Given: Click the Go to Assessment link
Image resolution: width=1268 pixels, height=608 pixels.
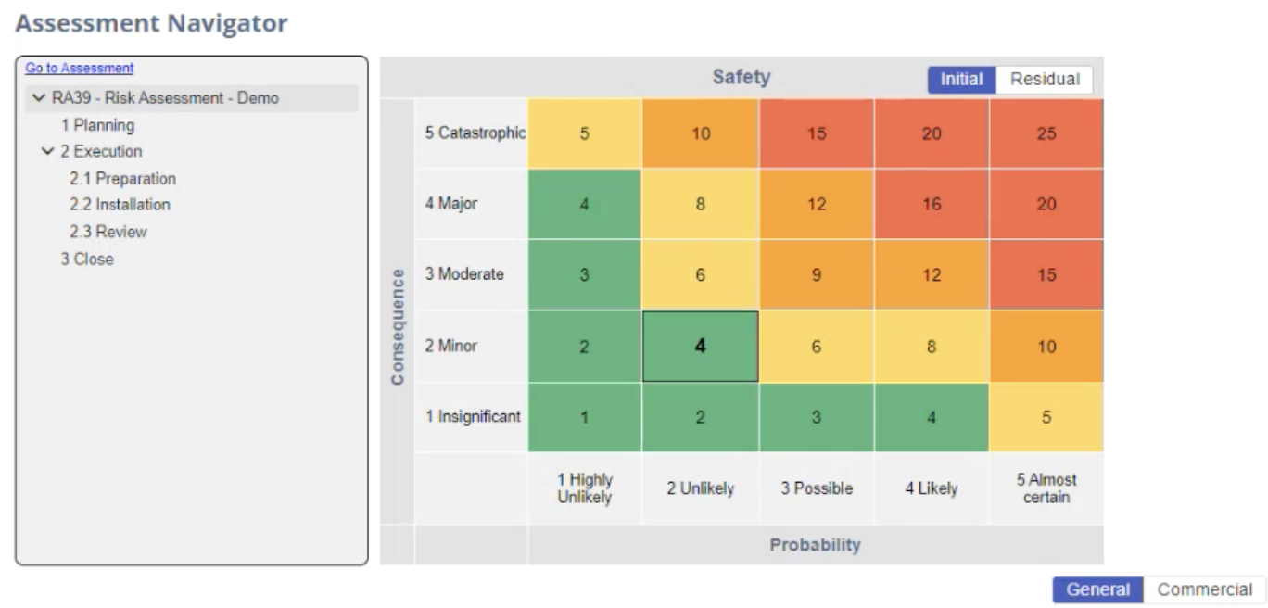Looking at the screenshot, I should click(79, 68).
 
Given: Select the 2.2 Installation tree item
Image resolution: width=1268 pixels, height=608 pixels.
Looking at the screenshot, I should click(120, 205).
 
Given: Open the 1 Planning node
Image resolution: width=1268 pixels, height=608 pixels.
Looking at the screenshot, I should click(97, 124).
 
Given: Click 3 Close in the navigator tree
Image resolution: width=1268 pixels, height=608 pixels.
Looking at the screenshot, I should click(87, 260).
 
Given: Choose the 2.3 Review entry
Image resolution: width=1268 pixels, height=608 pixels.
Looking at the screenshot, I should click(108, 232).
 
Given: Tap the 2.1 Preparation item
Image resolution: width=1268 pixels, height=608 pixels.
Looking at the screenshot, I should click(122, 178).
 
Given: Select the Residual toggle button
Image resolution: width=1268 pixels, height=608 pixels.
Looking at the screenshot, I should click(1045, 80).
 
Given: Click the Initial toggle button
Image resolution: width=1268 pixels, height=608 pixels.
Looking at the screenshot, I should click(961, 80).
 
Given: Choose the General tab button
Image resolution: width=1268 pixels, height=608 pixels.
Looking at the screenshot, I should click(1097, 589).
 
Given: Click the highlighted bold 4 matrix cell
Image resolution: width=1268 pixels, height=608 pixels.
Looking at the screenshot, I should click(700, 346).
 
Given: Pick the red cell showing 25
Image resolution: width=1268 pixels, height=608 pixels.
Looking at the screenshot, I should click(1046, 133).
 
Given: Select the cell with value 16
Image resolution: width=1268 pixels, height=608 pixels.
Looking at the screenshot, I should click(931, 205).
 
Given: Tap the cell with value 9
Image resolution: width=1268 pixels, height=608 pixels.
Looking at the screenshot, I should click(816, 275).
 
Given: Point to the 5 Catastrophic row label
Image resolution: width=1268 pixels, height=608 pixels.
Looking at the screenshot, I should click(475, 133).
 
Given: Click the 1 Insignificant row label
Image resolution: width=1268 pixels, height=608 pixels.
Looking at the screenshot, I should click(473, 417).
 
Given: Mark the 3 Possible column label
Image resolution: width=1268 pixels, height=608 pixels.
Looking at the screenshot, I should click(816, 488).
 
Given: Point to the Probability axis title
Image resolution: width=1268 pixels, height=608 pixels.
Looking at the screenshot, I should click(815, 545).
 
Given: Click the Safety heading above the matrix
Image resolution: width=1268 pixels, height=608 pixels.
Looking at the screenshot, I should click(741, 78).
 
